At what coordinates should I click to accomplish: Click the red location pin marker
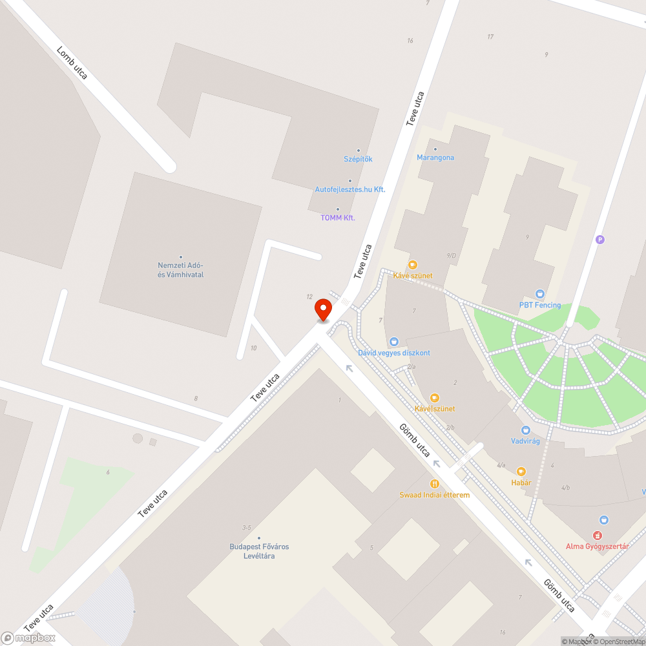coord(323,309)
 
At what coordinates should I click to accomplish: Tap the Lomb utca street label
coord(72,63)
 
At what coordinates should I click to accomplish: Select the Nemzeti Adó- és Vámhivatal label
coord(181,269)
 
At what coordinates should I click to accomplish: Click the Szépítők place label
coord(358,159)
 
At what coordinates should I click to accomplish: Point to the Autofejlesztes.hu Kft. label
coord(349,189)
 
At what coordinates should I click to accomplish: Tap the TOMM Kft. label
coord(338,218)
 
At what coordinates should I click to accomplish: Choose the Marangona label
coord(435,157)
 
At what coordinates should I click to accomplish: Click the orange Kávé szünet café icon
coord(412,265)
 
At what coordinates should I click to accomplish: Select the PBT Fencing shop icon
coord(540,294)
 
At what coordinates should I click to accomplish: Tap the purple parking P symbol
coord(600,240)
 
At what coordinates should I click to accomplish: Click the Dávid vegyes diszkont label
coord(394,353)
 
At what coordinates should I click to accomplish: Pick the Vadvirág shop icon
coord(525,430)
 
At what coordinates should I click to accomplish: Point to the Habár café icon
coord(521,472)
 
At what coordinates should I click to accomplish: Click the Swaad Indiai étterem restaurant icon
coord(434,483)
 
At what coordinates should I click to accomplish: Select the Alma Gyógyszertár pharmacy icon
coord(604,519)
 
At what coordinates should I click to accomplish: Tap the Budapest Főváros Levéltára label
coord(259,551)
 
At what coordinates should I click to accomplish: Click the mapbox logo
coord(28,638)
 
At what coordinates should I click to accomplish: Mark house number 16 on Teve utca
coord(410,41)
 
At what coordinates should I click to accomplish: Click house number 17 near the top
coord(490,37)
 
